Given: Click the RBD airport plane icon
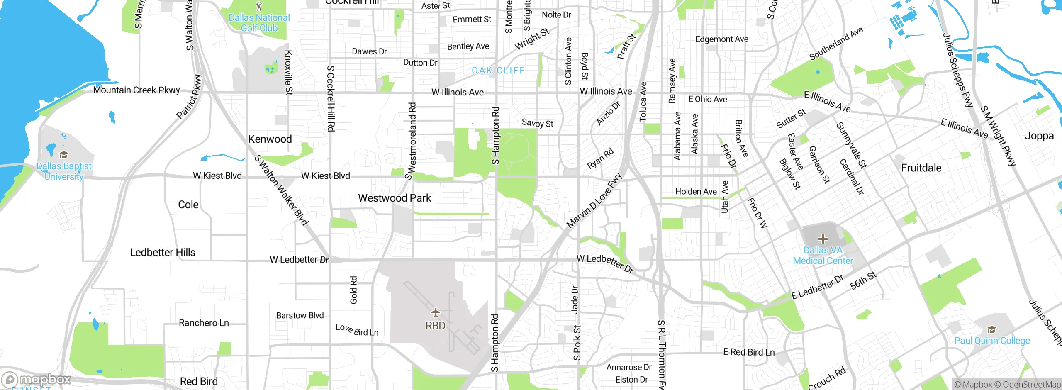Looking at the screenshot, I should coord(435,312).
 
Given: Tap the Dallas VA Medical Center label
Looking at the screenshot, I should coord(823,256).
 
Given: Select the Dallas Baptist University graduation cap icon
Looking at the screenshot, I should coord(63,155).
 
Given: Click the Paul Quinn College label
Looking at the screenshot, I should coord(992,341).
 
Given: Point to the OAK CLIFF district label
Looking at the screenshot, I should coord(498,71).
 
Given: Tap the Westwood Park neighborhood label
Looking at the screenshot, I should coord(395,198).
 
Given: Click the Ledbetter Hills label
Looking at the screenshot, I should coord(163,252).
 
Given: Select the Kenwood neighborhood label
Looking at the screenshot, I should coord(270,139).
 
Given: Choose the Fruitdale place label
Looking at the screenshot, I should coord(921,168).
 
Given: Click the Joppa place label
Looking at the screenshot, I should coord(1039,136).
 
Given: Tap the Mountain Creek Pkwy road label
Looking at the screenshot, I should coord(136,90).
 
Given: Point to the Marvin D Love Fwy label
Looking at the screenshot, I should coord(594,200).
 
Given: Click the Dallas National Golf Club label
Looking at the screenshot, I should coord(259,23).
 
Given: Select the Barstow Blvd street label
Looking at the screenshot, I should coord(300,315).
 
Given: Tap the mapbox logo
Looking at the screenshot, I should coord(37,379).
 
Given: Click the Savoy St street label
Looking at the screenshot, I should coord(537,123).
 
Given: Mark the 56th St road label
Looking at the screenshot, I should coord(863,280).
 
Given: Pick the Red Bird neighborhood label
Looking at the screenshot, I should coord(199,381).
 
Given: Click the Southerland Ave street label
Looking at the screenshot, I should coord(836,43).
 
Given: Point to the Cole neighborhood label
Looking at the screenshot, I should coord(188,205).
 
